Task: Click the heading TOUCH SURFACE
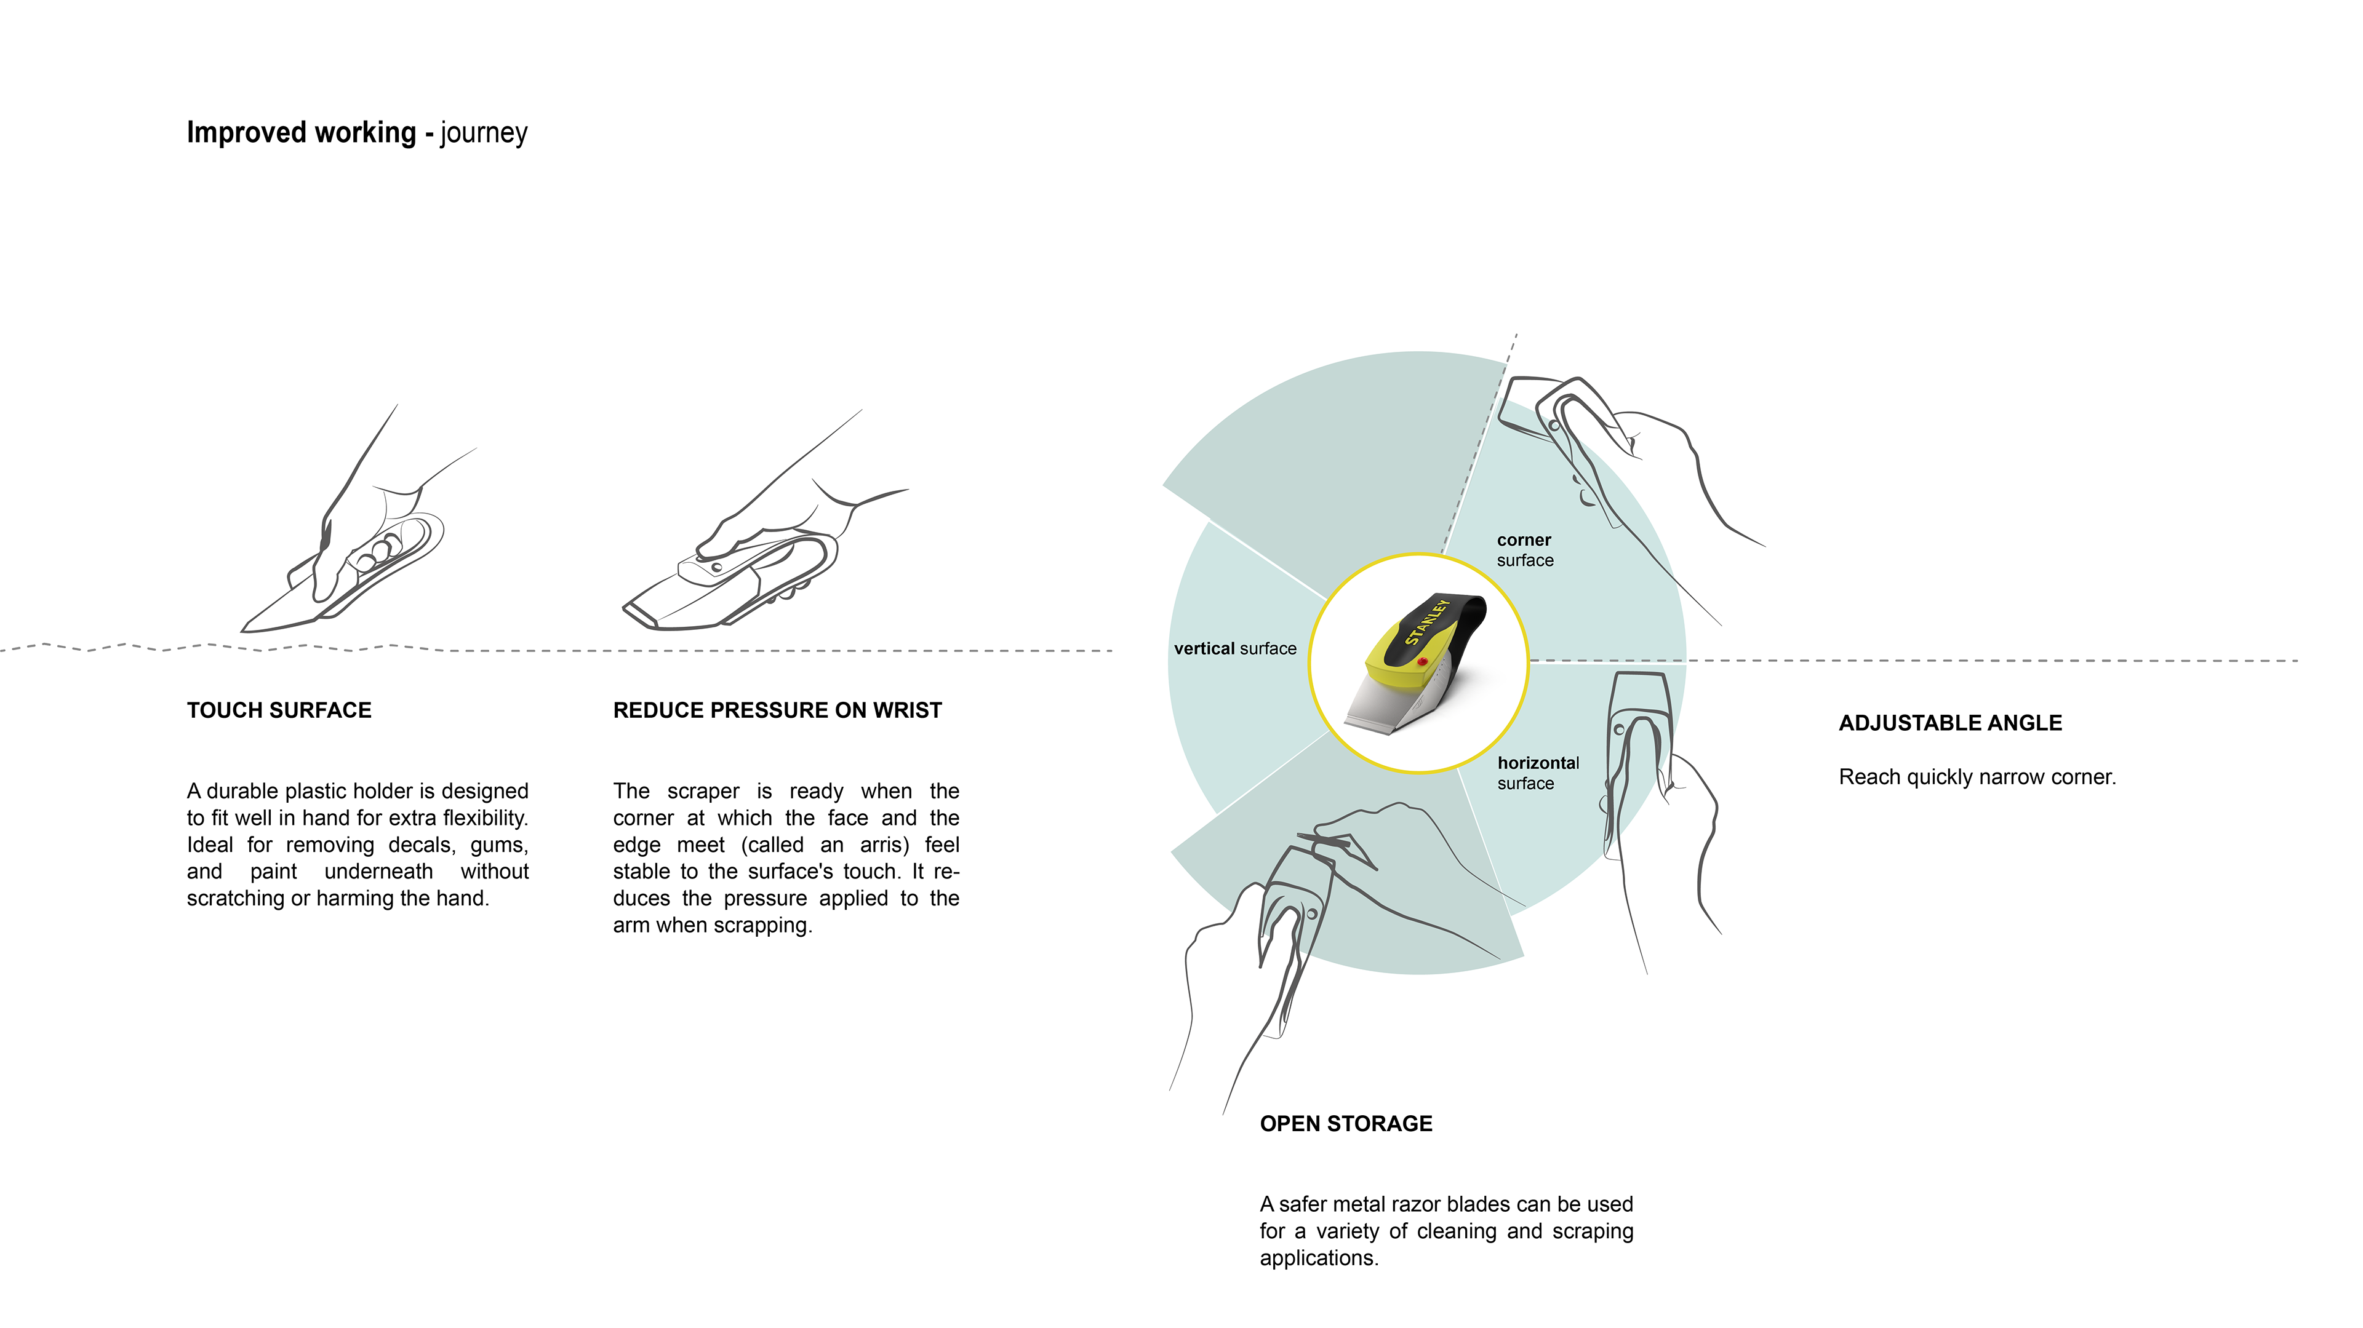coord(279,710)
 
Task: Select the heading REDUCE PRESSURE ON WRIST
coord(777,710)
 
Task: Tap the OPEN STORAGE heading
coord(1346,1124)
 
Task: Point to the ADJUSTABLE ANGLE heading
coord(1950,723)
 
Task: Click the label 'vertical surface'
coord(1234,648)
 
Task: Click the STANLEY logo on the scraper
coord(1426,622)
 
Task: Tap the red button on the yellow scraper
coord(1422,661)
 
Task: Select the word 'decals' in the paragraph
coord(421,845)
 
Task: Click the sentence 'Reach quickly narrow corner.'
coord(1977,777)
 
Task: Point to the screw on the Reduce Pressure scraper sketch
coord(716,568)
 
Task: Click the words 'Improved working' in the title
coord(301,133)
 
